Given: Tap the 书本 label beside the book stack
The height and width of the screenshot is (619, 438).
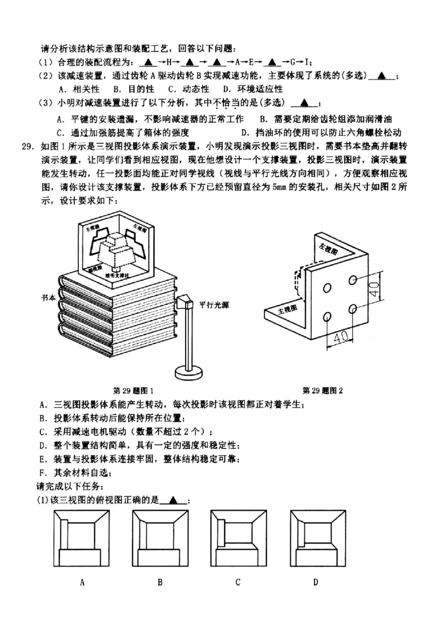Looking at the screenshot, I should point(49,298).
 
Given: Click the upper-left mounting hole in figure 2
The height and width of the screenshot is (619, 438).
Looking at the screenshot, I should point(327,288).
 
